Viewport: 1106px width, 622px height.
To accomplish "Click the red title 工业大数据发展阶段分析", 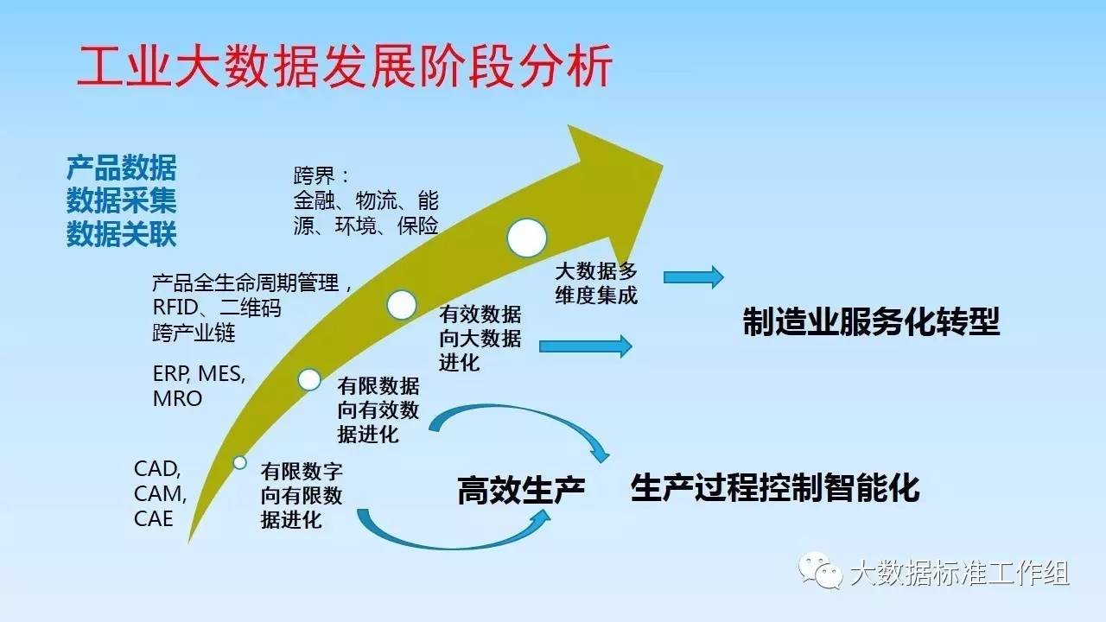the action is click(x=345, y=67).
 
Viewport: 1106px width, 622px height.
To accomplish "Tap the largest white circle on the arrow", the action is click(x=527, y=238).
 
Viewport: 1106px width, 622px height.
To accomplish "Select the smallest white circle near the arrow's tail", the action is click(x=240, y=462).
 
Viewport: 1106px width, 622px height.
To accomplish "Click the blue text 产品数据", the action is click(x=122, y=168).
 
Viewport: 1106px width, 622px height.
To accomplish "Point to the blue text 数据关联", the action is click(x=122, y=233).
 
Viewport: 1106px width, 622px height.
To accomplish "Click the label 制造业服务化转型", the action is click(x=872, y=321).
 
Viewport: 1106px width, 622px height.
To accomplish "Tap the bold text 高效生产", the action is click(x=521, y=490).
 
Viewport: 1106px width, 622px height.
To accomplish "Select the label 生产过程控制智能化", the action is click(x=775, y=488).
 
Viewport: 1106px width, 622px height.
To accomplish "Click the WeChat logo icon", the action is click(x=821, y=571).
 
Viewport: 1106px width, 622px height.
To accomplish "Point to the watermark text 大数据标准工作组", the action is click(x=959, y=573).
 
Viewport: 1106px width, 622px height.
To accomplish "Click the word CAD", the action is click(x=157, y=469).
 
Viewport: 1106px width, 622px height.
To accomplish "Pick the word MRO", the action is click(x=178, y=398).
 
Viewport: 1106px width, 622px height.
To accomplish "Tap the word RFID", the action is click(x=175, y=307).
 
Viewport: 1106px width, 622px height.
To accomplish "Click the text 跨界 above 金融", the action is click(x=314, y=175).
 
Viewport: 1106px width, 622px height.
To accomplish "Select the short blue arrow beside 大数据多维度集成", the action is click(x=694, y=277).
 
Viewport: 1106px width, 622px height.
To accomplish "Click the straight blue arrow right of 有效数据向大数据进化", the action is click(x=586, y=346).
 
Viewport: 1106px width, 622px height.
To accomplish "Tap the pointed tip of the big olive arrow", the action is click(x=662, y=165).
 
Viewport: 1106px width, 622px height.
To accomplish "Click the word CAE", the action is click(x=154, y=519).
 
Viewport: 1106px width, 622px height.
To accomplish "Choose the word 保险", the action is click(x=417, y=225).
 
